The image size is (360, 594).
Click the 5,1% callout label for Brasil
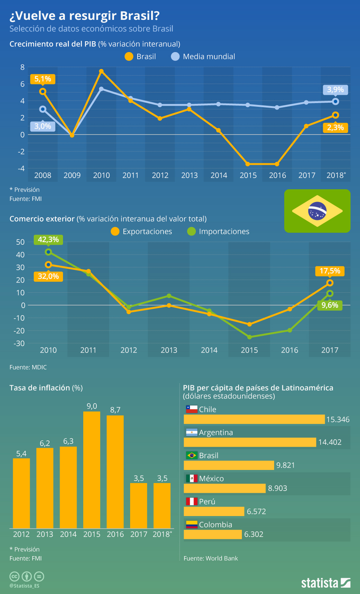click(x=43, y=79)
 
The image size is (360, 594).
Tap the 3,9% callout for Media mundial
click(x=335, y=90)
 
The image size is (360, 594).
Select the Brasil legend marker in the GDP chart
click(x=129, y=57)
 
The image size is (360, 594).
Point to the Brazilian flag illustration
click(x=317, y=211)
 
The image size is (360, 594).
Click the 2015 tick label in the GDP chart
click(x=248, y=175)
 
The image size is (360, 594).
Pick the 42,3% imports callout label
click(x=48, y=240)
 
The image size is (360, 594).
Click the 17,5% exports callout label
click(x=330, y=271)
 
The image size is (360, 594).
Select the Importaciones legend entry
click(x=218, y=232)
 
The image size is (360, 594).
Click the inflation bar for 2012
click(x=21, y=493)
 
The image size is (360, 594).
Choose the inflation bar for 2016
click(x=115, y=471)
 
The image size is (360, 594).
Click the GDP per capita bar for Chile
click(x=254, y=419)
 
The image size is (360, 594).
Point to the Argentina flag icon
click(x=192, y=432)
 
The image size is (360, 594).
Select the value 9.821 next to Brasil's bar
click(x=285, y=465)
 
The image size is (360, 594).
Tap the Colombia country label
click(x=215, y=525)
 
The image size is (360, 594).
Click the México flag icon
click(x=192, y=479)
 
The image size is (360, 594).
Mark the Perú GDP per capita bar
click(x=214, y=512)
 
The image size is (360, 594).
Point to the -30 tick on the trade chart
click(x=20, y=343)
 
